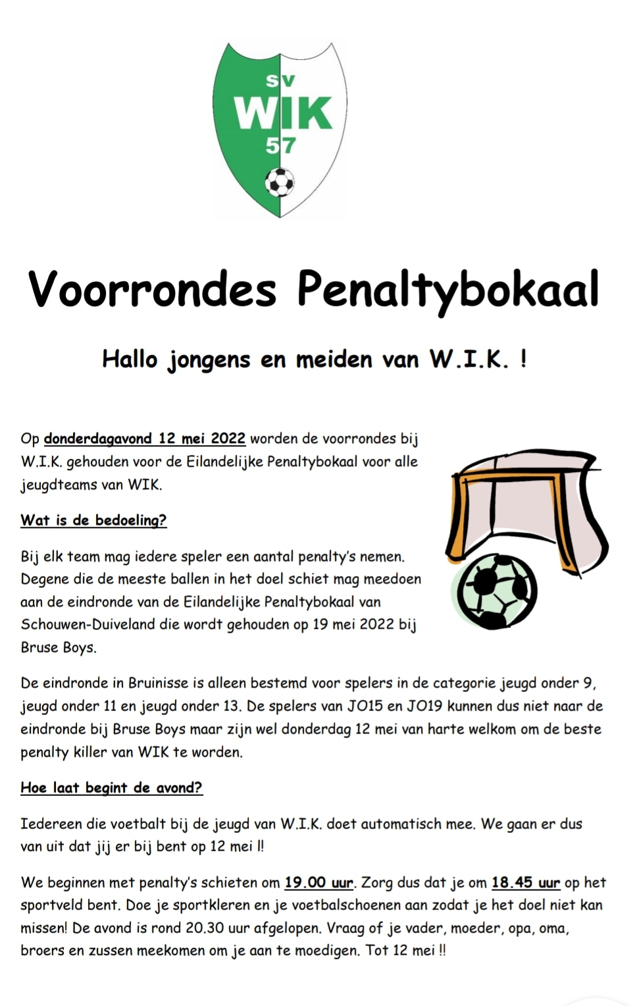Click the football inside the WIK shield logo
coord(280,182)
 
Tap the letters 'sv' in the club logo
coord(280,80)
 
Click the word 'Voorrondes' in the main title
coord(152,289)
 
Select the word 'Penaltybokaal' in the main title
coord(448,289)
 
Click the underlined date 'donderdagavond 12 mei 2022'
coord(145,438)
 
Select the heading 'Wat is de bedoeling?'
coord(93,520)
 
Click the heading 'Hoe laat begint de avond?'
coord(111,788)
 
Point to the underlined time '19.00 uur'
coord(319,883)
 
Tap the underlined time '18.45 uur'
coord(526,883)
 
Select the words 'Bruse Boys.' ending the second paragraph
coord(59,648)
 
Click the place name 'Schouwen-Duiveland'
coord(88,625)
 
